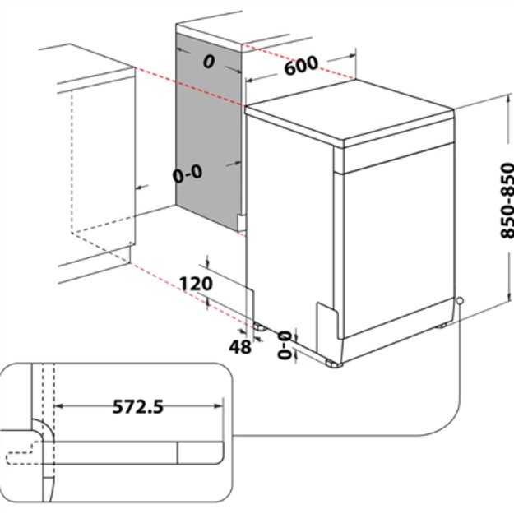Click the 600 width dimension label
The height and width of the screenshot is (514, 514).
coord(301,67)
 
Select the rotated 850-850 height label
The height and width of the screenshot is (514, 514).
coord(505,201)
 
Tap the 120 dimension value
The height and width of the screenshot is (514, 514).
coord(197,284)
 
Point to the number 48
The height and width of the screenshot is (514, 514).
coord(239,347)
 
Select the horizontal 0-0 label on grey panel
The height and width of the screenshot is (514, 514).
coord(187,174)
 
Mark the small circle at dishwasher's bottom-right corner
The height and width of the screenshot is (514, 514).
coord(458,301)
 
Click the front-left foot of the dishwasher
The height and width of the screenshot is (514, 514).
coord(332,362)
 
